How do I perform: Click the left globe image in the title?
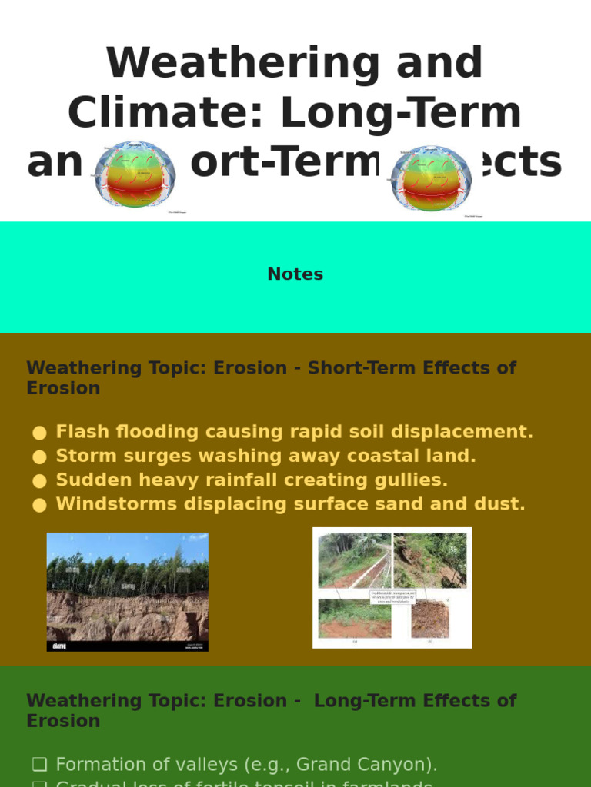click(x=135, y=175)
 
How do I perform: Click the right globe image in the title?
click(x=431, y=178)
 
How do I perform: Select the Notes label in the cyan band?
click(x=295, y=274)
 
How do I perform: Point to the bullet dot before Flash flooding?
click(x=40, y=433)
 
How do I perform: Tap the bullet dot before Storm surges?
click(x=40, y=457)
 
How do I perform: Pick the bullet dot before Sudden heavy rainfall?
click(x=40, y=481)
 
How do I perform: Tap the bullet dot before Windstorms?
click(x=40, y=505)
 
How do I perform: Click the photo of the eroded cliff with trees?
click(x=128, y=592)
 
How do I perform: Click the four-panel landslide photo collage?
click(x=392, y=587)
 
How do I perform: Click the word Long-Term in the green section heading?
click(x=362, y=701)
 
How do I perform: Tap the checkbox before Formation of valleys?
click(x=39, y=765)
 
